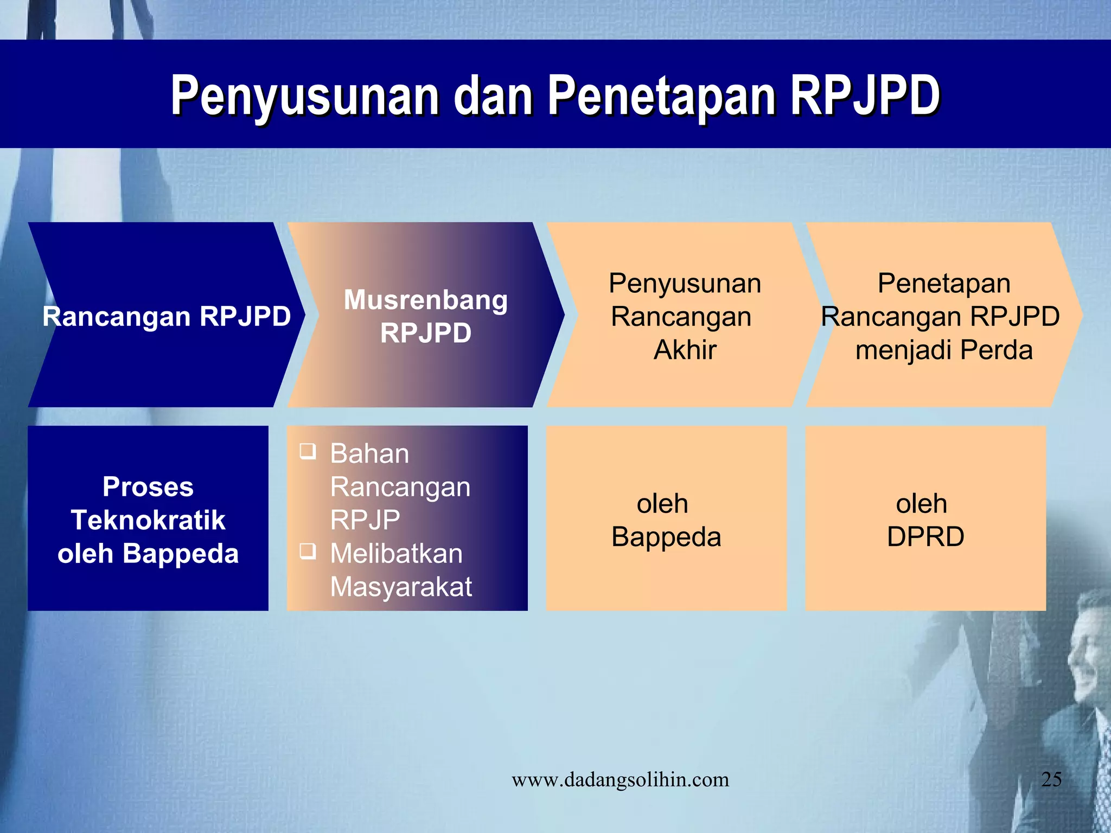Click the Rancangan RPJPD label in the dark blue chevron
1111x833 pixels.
[x=167, y=316]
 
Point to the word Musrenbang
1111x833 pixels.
[x=426, y=300]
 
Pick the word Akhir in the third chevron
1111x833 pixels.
[x=685, y=350]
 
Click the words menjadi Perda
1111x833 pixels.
[x=944, y=350]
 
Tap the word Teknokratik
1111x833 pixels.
[x=148, y=520]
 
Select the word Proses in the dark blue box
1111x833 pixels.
[x=148, y=486]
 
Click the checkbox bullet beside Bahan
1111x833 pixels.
[x=308, y=451]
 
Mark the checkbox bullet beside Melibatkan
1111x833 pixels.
[x=308, y=551]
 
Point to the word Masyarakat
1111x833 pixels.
[x=401, y=587]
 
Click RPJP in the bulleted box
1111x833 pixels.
[x=365, y=520]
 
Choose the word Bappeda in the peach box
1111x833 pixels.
[x=666, y=537]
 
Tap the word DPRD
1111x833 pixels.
[x=925, y=537]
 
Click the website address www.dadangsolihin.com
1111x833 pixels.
[x=620, y=780]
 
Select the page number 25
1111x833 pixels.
[x=1051, y=779]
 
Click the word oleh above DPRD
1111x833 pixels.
[x=922, y=504]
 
